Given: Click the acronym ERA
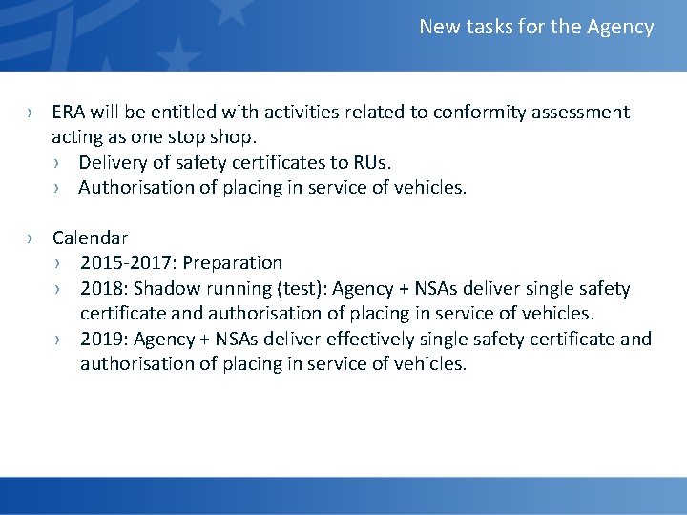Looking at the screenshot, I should pos(70,113).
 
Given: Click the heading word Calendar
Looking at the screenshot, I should pos(90,237).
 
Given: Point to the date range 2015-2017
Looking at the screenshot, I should pos(121,262).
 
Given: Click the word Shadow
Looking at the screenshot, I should pos(168,288).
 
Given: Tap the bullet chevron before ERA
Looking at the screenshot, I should pos(31,113).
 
